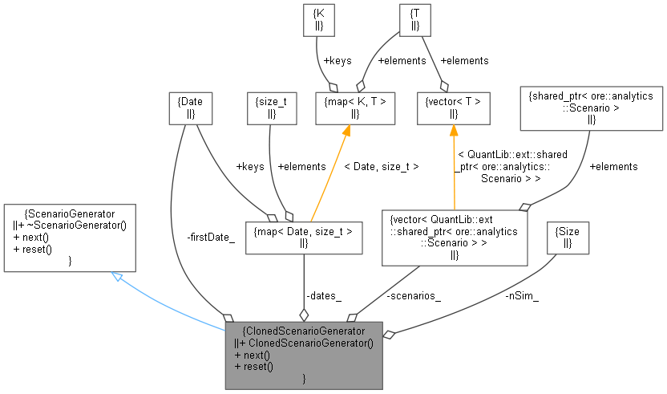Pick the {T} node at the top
tap(414, 21)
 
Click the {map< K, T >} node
tap(355, 108)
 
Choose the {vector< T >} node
tap(453, 108)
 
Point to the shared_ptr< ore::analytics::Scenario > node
tap(591, 108)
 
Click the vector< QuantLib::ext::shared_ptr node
tap(454, 238)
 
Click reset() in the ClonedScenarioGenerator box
tap(253, 367)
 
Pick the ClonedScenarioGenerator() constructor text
tap(305, 343)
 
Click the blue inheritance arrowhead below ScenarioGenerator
tap(117, 277)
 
